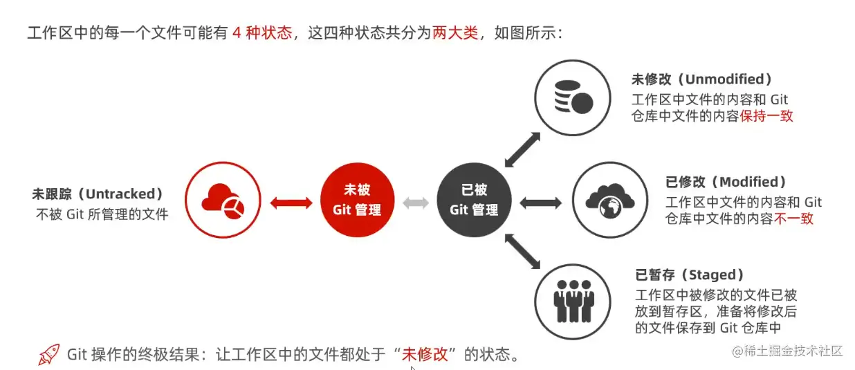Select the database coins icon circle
573,97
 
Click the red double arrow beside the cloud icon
291,202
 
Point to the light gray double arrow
416,202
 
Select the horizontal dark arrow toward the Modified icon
540,202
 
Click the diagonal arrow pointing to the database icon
522,148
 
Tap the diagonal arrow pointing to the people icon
522,251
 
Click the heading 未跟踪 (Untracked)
98,194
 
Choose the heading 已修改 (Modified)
726,182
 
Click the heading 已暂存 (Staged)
690,275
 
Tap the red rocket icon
49,354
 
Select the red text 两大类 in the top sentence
455,33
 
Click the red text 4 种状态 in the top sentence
262,33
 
